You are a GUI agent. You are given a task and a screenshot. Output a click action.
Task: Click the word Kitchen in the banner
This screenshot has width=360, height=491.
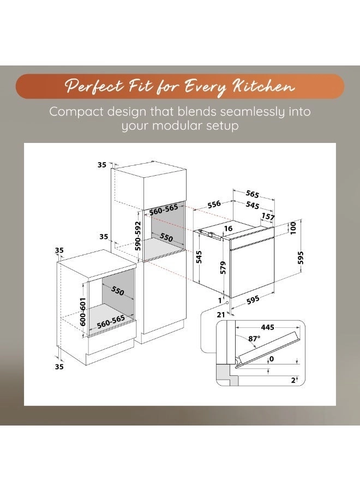pyautogui.click(x=263, y=86)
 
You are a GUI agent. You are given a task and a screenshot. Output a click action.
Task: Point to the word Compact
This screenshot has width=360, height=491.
pyautogui.click(x=75, y=112)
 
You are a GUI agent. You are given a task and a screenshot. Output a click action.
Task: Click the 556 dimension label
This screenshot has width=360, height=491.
pyautogui.click(x=214, y=205)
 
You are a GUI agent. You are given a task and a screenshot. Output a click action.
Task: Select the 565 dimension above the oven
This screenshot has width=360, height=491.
pyautogui.click(x=253, y=194)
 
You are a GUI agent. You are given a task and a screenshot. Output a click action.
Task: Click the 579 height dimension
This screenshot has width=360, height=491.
pyautogui.click(x=223, y=268)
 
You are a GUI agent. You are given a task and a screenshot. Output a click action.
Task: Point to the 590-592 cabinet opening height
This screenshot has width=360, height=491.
pyautogui.click(x=139, y=236)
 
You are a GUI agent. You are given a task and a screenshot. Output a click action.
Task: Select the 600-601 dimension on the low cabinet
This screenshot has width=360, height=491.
pyautogui.click(x=83, y=312)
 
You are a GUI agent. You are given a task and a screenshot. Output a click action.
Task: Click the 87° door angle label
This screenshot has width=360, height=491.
pyautogui.click(x=254, y=338)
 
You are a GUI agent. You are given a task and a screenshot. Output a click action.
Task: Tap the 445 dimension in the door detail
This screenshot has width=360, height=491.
pyautogui.click(x=268, y=327)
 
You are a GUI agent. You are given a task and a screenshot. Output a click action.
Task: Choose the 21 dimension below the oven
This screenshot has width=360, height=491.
pyautogui.click(x=221, y=315)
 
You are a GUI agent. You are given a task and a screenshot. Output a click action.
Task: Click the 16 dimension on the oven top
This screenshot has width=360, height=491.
pyautogui.click(x=228, y=229)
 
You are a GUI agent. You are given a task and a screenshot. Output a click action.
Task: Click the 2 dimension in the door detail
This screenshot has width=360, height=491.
pyautogui.click(x=293, y=380)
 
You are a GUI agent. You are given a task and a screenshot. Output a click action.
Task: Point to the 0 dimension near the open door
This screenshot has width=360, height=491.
pyautogui.click(x=272, y=358)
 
